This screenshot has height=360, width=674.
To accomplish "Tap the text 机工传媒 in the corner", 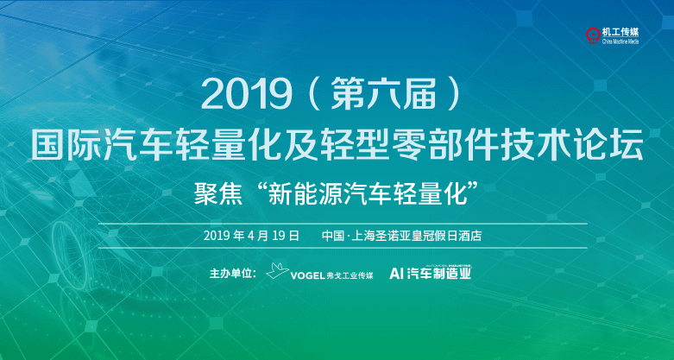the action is coord(620,33).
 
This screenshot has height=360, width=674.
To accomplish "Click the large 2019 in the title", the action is coord(242,95).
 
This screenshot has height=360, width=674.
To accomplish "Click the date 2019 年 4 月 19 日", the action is coord(251,236).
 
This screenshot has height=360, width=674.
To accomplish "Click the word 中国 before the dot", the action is coord(333,236).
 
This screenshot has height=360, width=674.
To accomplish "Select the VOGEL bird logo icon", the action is coord(278,272).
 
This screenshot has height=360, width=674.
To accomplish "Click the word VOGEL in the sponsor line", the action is coord(307,275).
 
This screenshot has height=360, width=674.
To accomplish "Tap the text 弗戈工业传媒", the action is coord(349,275).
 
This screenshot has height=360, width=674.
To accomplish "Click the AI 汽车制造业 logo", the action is coord(430,272).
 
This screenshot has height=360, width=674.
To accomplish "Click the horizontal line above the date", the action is coord(342,224).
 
